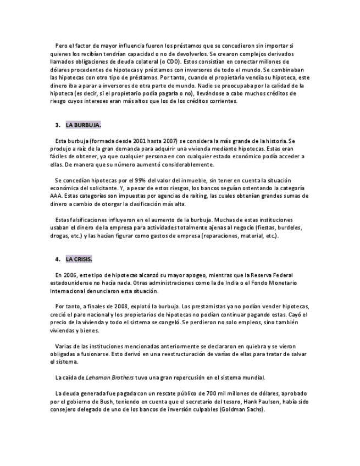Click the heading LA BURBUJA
point(83,125)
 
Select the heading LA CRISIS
point(79,259)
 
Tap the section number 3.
point(58,125)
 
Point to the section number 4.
point(58,259)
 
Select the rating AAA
point(57,196)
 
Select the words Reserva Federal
point(273,275)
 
